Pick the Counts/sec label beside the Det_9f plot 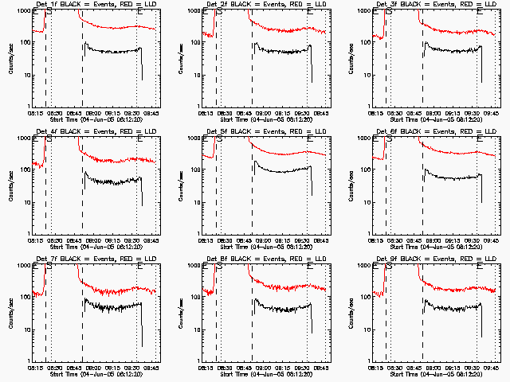[x=351, y=313]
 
